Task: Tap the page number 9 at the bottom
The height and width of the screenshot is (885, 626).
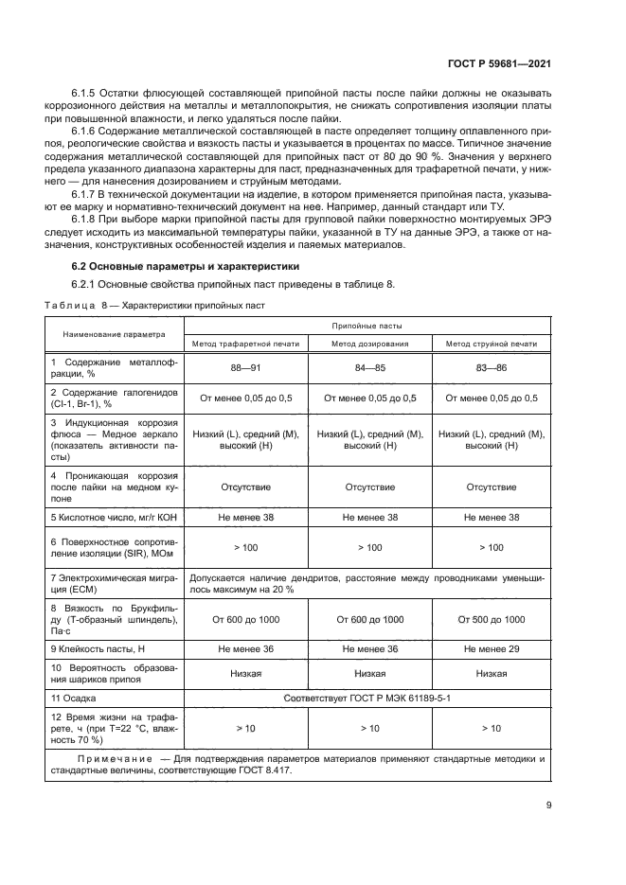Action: (549, 805)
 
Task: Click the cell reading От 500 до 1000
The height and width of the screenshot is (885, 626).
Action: (491, 619)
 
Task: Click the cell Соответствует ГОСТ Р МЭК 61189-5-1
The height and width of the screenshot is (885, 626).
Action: (368, 698)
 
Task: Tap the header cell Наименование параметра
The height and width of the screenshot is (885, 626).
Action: (114, 334)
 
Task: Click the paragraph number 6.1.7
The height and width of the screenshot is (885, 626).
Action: (87, 192)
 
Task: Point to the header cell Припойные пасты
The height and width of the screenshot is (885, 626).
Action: (368, 324)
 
